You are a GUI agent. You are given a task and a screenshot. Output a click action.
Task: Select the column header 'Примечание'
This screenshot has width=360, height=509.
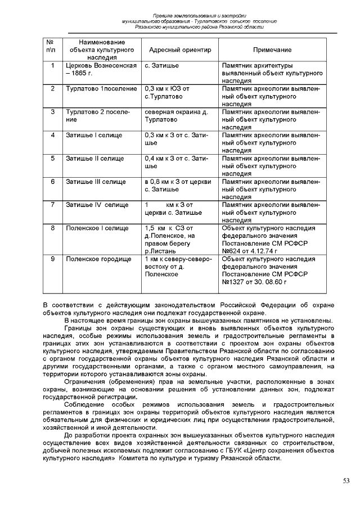pyautogui.click(x=272, y=50)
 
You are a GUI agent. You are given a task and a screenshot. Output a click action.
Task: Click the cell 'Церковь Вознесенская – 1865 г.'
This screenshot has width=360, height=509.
pyautogui.click(x=100, y=70)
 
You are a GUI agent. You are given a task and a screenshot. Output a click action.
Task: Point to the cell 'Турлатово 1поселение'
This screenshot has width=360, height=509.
pyautogui.click(x=101, y=89)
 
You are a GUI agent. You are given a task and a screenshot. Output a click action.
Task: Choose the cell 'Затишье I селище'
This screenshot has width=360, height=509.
pyautogui.click(x=89, y=135)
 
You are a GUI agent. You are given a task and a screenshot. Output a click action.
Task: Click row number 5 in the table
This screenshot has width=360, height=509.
pyautogui.click(x=52, y=159)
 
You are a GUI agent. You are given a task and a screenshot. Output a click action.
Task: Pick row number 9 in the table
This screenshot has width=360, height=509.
pyautogui.click(x=52, y=259)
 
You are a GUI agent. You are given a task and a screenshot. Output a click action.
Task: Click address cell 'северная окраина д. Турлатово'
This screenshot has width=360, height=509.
pyautogui.click(x=175, y=116)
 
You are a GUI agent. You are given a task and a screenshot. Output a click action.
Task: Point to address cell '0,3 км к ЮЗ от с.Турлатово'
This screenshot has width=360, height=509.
pyautogui.click(x=166, y=93)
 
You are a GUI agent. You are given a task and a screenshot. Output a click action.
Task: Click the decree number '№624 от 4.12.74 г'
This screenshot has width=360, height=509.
pyautogui.click(x=250, y=250)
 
